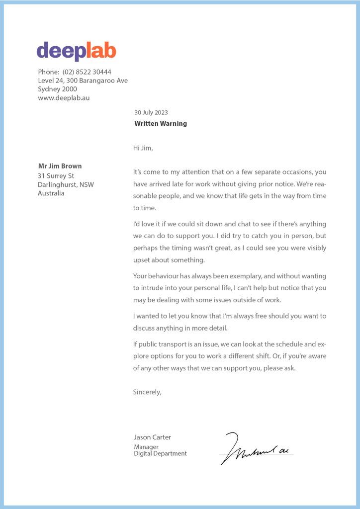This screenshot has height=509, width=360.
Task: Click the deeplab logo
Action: point(76,51)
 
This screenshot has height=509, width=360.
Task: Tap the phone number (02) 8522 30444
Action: point(87,72)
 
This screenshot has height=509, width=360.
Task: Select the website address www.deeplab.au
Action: point(64,98)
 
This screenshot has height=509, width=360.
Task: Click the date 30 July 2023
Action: point(151,112)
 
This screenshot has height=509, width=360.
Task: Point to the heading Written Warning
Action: point(161,123)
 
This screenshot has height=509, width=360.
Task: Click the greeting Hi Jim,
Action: point(143,148)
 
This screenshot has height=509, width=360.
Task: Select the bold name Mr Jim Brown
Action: point(60,166)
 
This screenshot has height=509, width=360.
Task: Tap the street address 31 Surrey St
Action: point(56,175)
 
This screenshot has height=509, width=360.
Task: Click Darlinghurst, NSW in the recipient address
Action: point(66,184)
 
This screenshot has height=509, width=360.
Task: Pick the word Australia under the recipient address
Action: point(51,193)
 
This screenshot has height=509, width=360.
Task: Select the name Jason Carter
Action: point(152,437)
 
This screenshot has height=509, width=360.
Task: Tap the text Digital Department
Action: point(160,453)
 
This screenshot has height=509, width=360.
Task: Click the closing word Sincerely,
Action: point(147,392)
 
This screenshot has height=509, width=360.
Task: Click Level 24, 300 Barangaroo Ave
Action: point(83,81)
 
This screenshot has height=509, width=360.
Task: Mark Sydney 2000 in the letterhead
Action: point(57,89)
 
